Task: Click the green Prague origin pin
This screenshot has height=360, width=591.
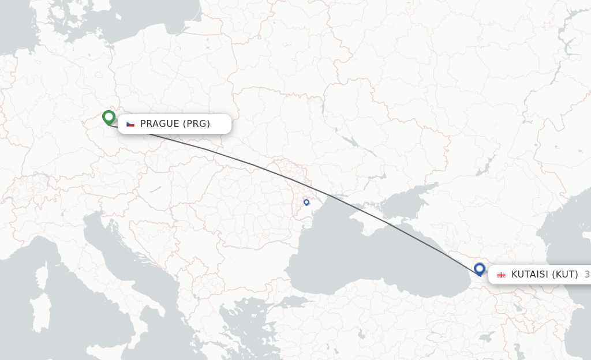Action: (109, 117)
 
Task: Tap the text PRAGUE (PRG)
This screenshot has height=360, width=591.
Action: (175, 123)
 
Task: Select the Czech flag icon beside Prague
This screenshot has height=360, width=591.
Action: (130, 124)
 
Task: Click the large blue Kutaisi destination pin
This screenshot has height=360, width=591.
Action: (479, 268)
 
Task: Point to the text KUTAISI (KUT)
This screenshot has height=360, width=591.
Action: (544, 275)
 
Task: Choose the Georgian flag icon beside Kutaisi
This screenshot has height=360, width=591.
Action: (501, 275)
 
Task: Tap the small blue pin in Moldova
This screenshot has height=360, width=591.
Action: (306, 202)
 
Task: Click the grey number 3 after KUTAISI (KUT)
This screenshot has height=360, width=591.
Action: (587, 275)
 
